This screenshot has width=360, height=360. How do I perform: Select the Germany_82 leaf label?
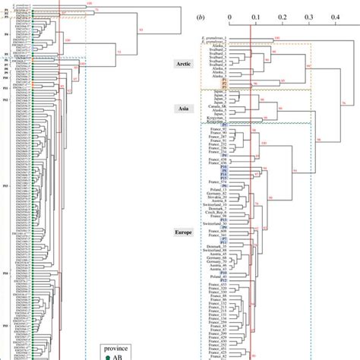point(219,191)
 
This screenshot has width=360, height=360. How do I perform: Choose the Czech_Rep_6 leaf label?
point(218,207)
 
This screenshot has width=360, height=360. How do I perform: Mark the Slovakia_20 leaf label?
point(219,195)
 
